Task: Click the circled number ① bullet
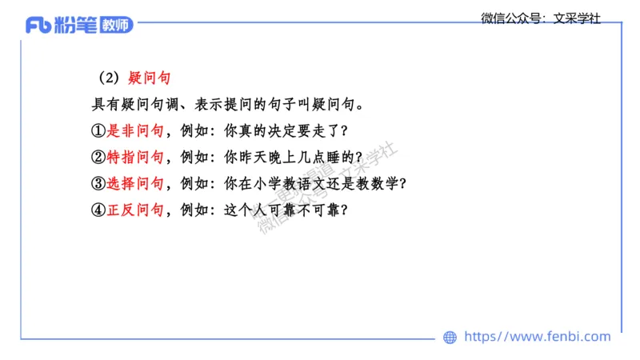[x=99, y=130]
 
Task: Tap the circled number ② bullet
[x=99, y=157]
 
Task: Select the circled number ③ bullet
[x=99, y=183]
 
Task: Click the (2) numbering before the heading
[x=109, y=78]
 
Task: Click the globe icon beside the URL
[x=450, y=338]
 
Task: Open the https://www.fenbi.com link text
[x=537, y=337]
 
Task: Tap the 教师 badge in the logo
[x=117, y=26]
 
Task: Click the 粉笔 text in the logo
[x=77, y=26]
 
